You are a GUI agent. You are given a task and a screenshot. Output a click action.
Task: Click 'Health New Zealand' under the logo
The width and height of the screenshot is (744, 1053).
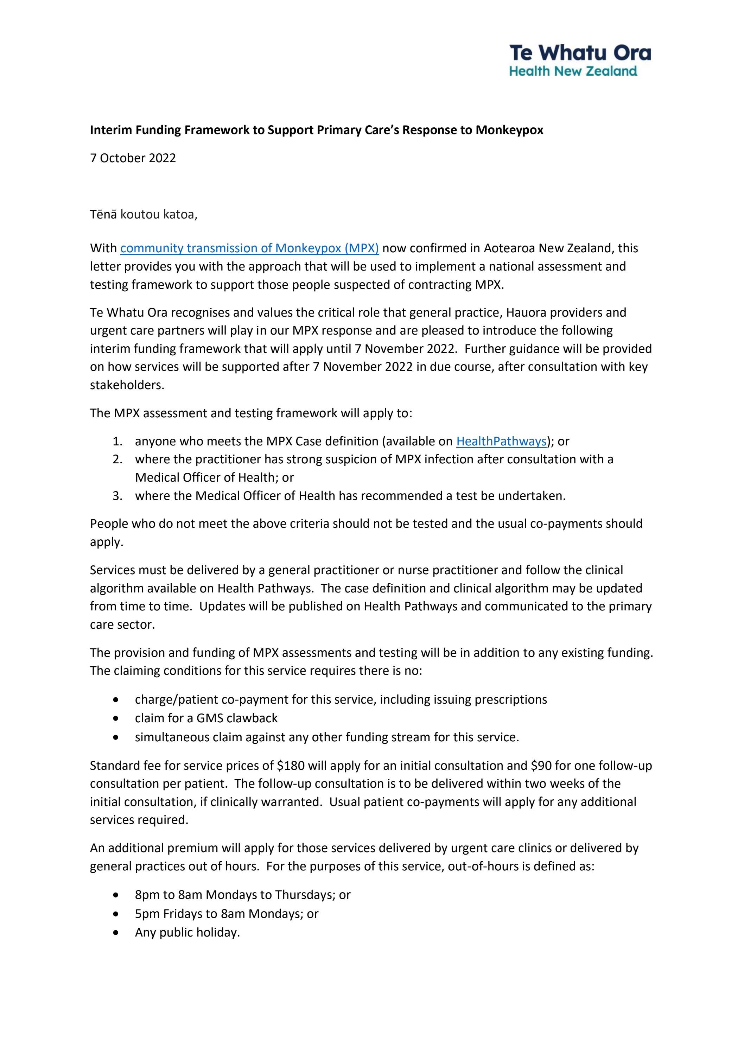573,71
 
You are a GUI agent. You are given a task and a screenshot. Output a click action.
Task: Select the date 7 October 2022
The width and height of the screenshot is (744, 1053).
133,158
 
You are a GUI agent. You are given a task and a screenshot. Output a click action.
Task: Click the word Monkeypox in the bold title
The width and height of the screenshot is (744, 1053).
509,130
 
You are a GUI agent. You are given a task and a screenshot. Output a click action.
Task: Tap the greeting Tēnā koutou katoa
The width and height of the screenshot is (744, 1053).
144,215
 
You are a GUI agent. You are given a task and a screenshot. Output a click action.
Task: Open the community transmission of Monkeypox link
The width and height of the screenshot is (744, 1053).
249,248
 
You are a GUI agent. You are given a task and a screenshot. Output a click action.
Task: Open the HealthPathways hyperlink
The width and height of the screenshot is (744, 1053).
501,441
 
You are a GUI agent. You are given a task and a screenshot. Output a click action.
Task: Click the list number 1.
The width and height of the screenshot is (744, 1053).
117,442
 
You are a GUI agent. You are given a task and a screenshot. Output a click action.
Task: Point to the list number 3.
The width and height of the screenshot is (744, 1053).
117,496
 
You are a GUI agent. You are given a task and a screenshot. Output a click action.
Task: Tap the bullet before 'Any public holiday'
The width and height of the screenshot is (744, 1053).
117,933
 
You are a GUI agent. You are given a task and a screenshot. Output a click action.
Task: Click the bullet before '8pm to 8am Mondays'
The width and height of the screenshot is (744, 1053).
117,895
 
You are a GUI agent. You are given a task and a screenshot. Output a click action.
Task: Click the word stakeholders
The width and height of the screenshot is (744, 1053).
127,385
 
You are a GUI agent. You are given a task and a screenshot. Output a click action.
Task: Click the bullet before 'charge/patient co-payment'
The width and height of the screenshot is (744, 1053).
117,700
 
